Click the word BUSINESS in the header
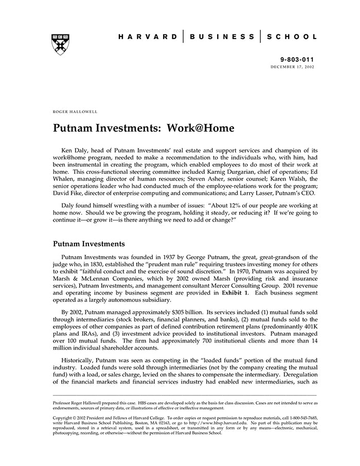pyautogui.click(x=222, y=37)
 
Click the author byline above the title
pyautogui.click(x=75, y=111)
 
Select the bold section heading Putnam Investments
pyautogui.click(x=88, y=244)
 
